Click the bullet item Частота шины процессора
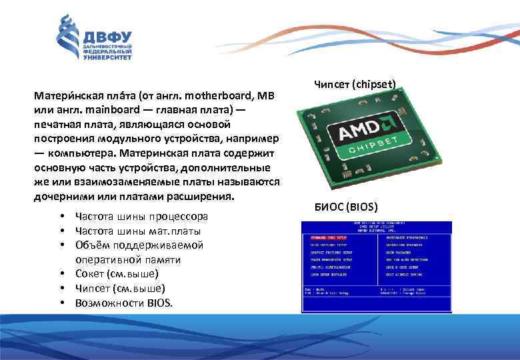click(141, 217)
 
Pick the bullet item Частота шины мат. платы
click(138, 231)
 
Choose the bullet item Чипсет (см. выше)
click(120, 289)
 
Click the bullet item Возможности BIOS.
click(124, 303)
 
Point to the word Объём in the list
click(92, 245)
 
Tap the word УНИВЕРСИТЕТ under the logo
click(107, 58)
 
